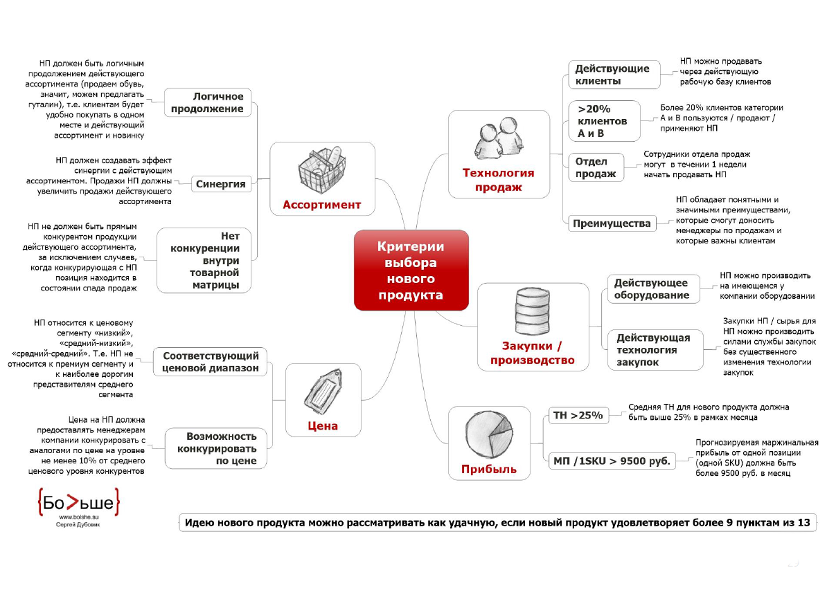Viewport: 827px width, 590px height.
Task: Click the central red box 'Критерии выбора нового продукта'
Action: (x=411, y=270)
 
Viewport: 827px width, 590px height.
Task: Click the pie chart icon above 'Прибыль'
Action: (x=489, y=434)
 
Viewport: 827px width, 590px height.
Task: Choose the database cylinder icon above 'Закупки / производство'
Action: (x=532, y=311)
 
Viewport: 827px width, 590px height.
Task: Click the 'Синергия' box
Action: (x=221, y=184)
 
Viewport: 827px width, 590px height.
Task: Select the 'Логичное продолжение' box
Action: (x=208, y=102)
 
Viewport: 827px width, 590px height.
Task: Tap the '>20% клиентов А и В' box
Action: (x=604, y=121)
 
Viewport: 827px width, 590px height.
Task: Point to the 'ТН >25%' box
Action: (x=578, y=415)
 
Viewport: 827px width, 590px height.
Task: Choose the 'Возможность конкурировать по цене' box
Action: (x=216, y=448)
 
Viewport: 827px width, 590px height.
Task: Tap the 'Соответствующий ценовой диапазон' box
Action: (x=210, y=362)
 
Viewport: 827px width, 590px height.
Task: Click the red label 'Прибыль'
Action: (x=489, y=469)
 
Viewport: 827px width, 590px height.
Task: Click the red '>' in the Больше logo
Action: (x=73, y=502)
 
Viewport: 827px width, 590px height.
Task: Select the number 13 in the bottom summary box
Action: (x=804, y=523)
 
